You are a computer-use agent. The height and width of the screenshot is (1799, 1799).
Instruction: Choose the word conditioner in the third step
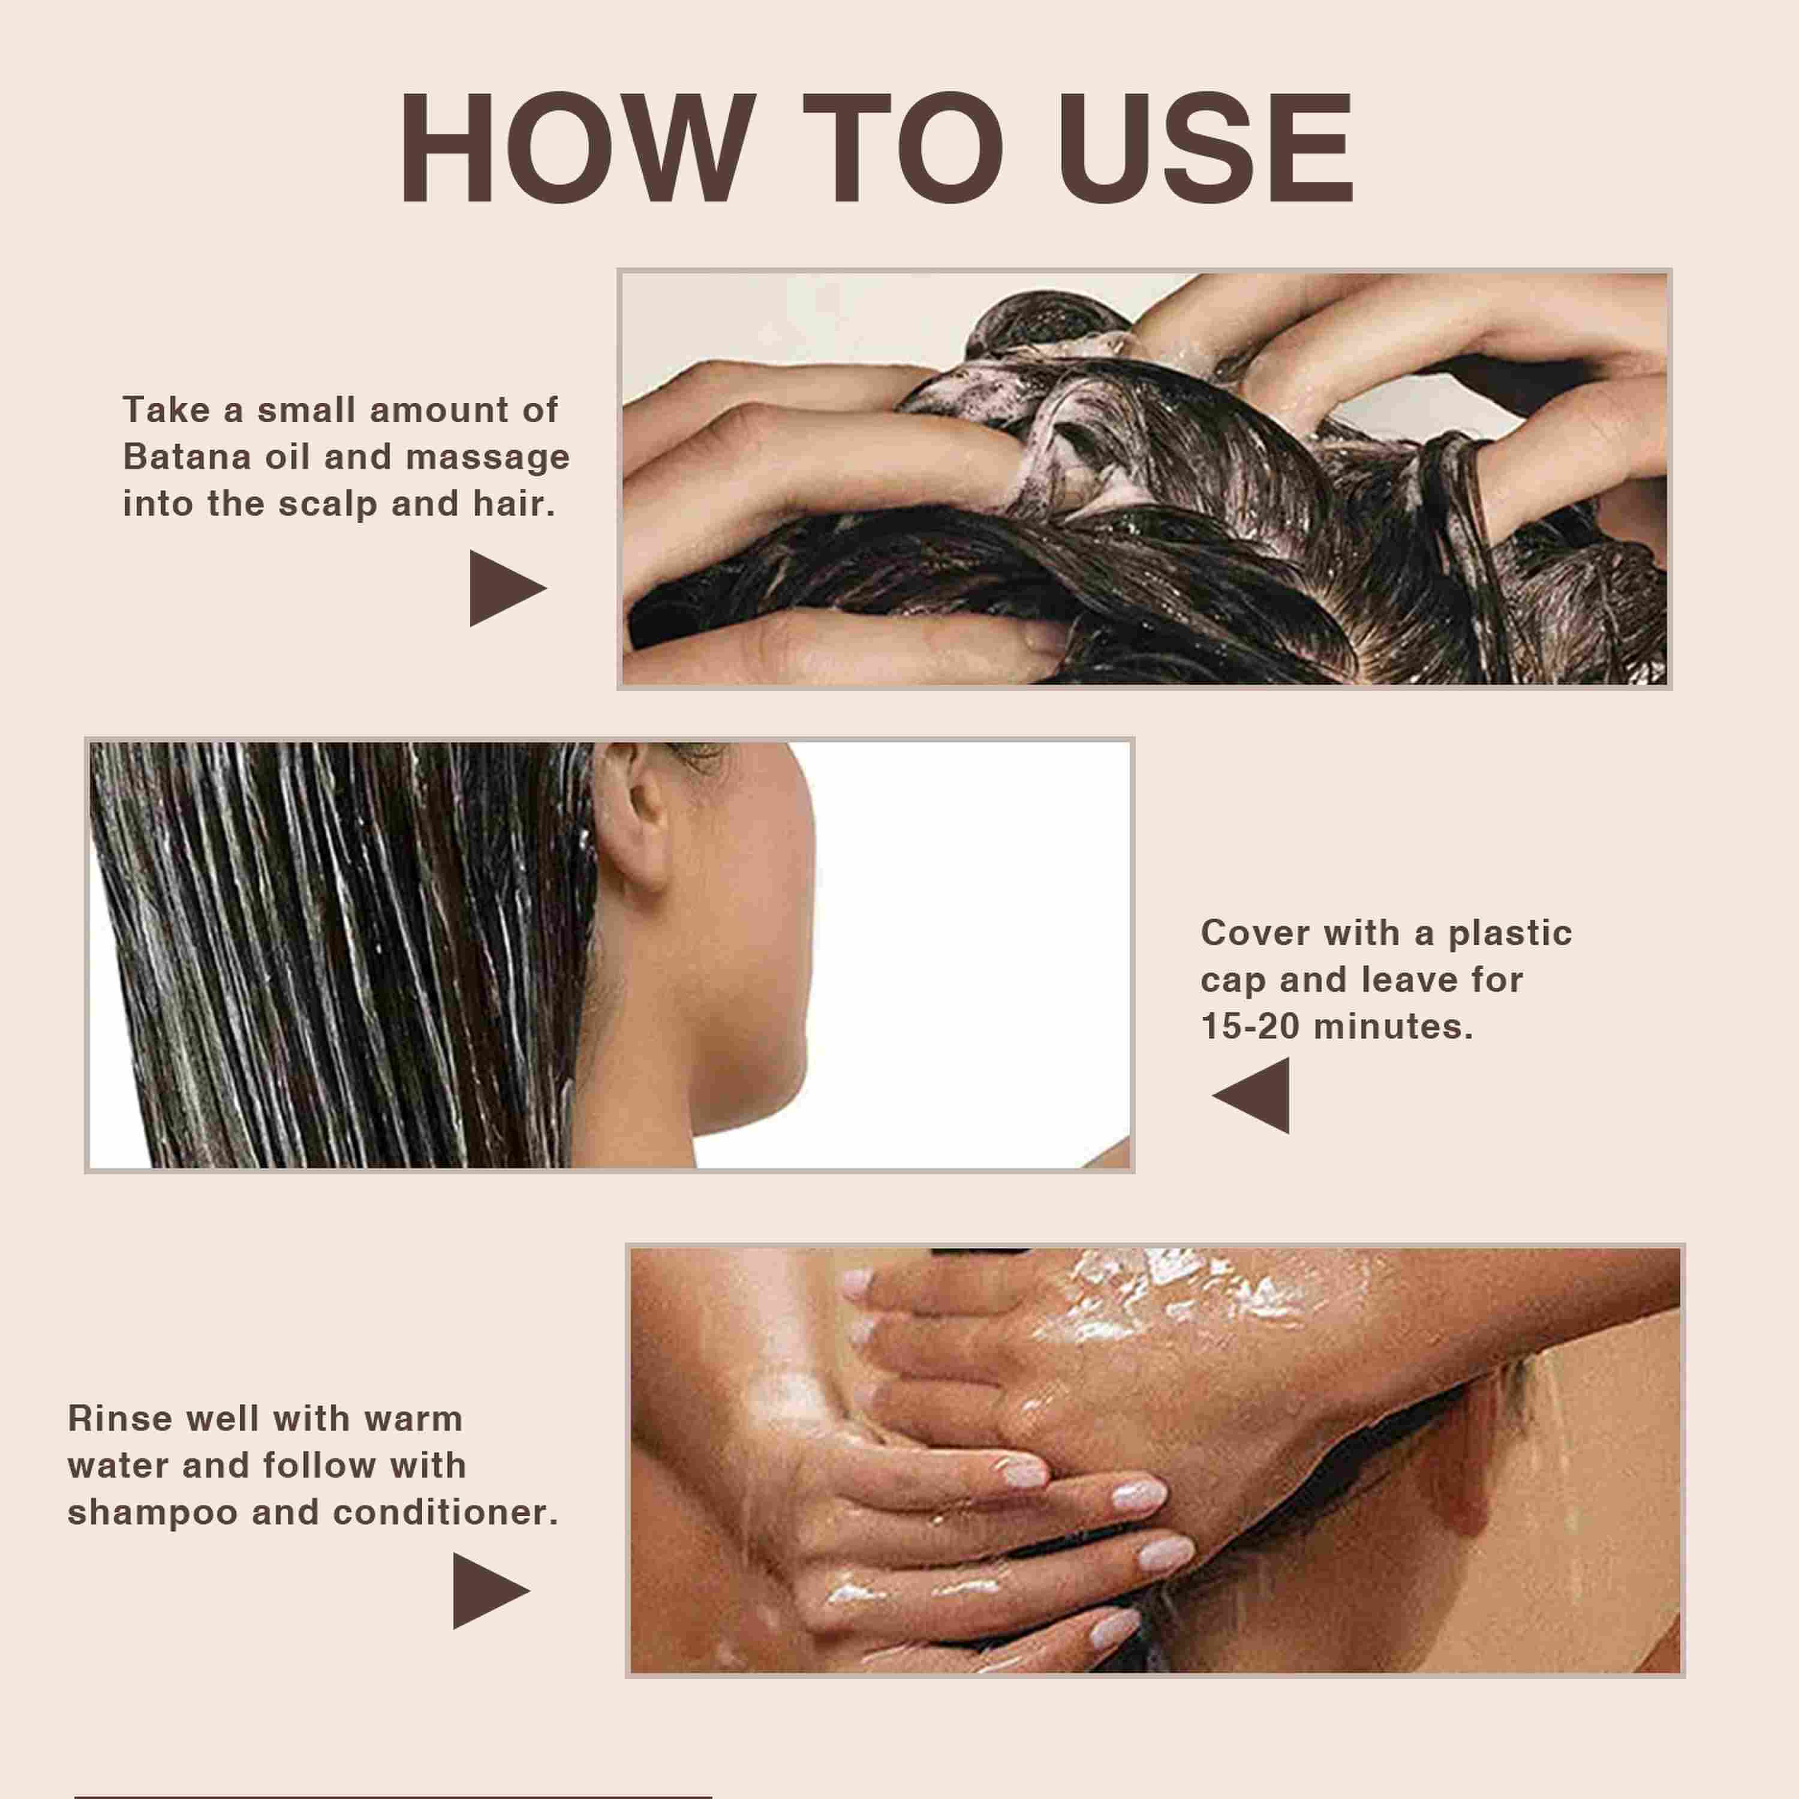(x=446, y=1512)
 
